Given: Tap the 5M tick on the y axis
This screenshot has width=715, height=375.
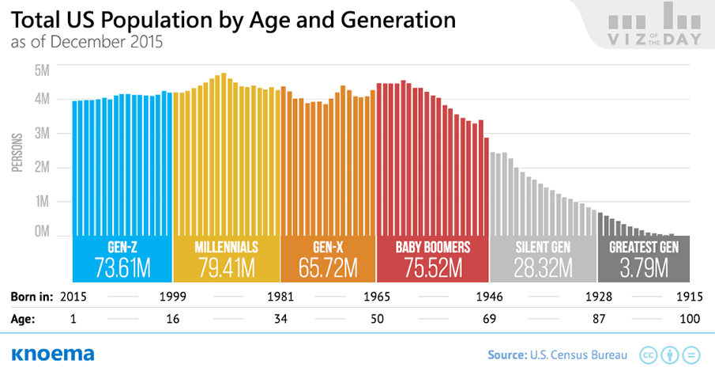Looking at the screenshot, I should [43, 70].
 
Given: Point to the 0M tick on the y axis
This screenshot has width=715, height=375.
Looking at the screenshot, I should [43, 233].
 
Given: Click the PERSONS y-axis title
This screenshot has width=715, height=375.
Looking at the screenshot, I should [16, 151].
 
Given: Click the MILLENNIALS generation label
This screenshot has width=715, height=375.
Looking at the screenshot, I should [226, 247].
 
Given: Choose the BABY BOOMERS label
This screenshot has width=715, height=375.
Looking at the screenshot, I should [433, 247].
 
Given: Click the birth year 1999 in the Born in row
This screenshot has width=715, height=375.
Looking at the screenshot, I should [172, 297].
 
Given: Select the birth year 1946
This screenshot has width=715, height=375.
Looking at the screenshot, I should [491, 297].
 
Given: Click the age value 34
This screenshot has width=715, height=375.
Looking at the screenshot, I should [280, 320].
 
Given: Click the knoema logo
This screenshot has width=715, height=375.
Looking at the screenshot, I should [53, 354].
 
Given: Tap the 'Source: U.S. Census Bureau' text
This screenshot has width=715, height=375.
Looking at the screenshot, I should [558, 354].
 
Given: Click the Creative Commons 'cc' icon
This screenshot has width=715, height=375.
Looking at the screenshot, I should [648, 354].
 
